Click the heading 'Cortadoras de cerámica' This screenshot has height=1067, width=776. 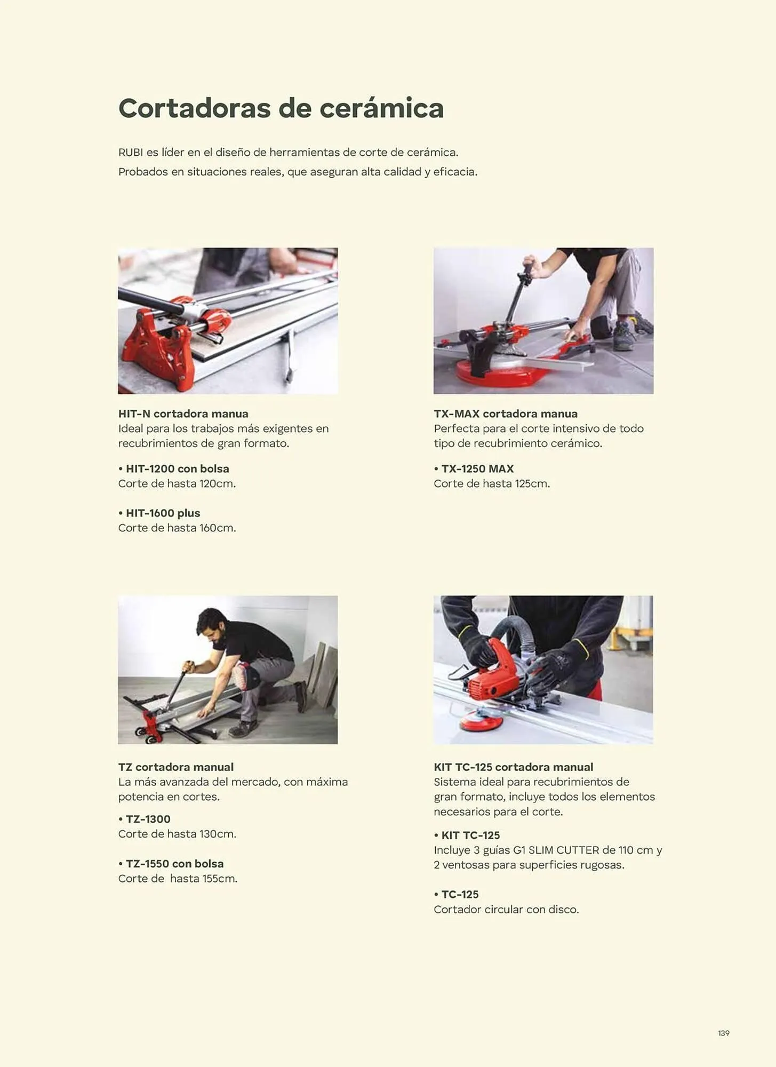coord(281,108)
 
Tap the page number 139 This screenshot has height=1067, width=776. coord(723,1033)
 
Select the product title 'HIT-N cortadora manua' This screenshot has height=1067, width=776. coord(183,413)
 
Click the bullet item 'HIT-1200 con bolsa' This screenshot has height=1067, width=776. coord(174,468)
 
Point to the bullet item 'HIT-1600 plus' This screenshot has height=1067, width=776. coord(159,513)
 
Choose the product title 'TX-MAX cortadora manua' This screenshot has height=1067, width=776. coord(506,413)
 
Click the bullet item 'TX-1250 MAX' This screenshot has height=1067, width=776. coord(474,468)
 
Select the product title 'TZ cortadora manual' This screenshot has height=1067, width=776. coord(176,767)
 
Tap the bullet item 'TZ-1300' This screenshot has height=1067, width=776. coord(145,819)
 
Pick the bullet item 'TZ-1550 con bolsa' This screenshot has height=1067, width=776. coord(171,863)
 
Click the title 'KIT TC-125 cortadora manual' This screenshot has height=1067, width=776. coord(514,767)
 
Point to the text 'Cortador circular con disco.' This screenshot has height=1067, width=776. coord(506,909)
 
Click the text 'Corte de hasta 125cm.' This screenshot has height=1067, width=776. coord(492,483)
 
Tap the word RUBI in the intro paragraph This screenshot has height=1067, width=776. coord(131,152)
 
